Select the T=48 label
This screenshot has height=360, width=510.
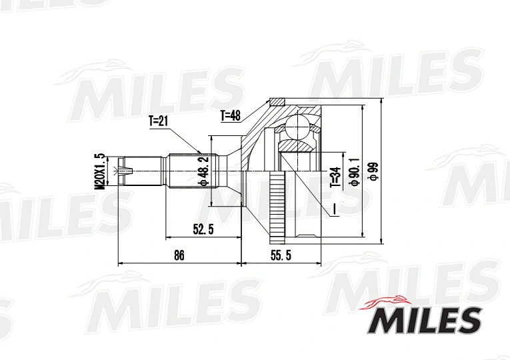(230, 115)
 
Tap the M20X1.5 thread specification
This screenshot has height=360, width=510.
(100, 172)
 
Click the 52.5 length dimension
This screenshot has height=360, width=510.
(202, 230)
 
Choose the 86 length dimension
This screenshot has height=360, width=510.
(178, 255)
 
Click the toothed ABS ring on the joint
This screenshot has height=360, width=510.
(275, 206)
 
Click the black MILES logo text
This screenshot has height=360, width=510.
(424, 321)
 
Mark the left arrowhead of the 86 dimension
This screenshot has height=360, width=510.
(121, 263)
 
